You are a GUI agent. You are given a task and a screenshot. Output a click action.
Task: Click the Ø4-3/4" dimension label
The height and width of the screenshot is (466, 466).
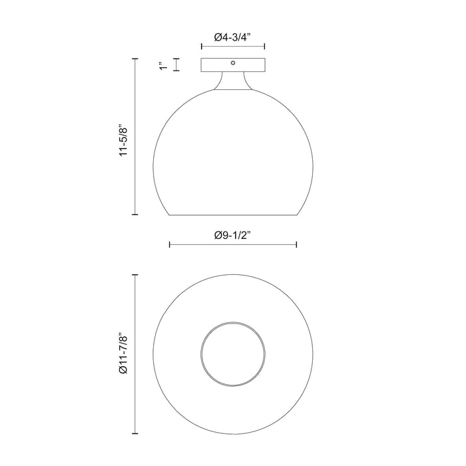(233, 38)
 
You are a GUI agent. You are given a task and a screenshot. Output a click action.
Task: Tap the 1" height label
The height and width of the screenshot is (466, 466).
(163, 65)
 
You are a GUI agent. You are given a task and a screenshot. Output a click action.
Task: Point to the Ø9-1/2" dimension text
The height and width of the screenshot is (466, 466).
(233, 235)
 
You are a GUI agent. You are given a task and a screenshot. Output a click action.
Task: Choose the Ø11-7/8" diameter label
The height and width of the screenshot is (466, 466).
(122, 353)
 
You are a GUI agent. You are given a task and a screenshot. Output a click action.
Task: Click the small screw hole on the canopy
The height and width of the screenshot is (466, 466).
(233, 63)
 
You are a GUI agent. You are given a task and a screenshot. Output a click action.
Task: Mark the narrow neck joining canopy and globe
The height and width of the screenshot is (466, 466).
(233, 81)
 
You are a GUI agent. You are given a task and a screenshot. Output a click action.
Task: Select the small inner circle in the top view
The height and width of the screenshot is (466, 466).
(233, 353)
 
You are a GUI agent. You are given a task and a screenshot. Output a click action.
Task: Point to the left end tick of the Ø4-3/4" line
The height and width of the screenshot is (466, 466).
(202, 47)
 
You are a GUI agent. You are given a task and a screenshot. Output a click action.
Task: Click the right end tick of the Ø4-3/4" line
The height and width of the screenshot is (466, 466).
(265, 47)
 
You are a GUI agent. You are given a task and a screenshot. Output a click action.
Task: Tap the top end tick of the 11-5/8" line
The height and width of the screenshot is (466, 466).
(136, 59)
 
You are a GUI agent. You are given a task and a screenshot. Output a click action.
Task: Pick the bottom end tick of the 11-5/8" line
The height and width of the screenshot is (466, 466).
(136, 215)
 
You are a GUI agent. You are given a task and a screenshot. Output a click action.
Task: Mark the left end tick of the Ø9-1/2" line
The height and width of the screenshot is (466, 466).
(170, 245)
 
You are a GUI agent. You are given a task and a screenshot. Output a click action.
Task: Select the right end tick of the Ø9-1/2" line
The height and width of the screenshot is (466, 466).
(296, 245)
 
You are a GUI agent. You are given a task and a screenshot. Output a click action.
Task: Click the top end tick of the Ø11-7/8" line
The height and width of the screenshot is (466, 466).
(136, 274)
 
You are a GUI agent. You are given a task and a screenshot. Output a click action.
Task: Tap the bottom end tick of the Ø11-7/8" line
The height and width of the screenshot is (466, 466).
(136, 431)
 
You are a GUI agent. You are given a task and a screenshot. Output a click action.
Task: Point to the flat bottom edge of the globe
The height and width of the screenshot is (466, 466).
(233, 215)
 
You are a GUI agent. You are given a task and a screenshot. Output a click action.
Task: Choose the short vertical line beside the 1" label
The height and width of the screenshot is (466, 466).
(176, 65)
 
